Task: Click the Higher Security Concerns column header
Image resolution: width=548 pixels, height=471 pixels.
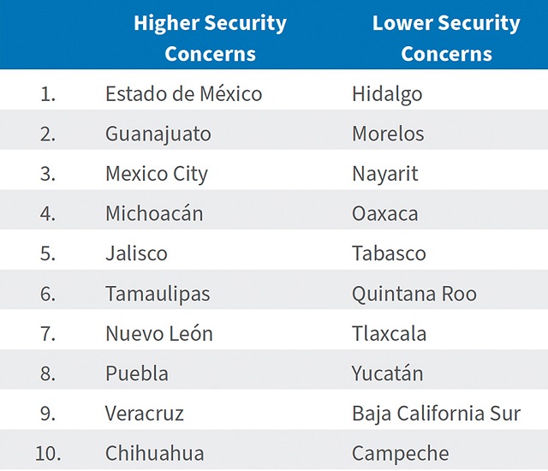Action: tap(210, 38)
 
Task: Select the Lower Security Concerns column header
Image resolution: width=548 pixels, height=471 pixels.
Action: tap(446, 38)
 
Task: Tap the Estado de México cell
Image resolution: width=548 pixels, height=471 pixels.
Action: tap(183, 93)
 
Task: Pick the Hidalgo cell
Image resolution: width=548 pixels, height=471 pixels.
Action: tap(387, 93)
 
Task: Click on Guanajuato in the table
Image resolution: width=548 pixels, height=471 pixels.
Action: tap(158, 134)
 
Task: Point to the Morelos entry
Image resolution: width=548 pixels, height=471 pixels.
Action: tap(388, 134)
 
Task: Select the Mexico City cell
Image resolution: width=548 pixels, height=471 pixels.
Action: tap(157, 174)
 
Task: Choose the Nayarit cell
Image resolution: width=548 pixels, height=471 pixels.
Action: tap(384, 174)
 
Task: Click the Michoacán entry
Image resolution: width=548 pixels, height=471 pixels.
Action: tap(154, 213)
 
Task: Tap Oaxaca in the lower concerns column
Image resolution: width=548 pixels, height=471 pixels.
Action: tap(384, 213)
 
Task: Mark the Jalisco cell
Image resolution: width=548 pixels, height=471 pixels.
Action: tap(136, 253)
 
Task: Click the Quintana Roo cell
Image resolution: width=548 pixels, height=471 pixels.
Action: tap(414, 294)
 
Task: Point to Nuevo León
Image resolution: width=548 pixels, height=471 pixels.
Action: tap(159, 333)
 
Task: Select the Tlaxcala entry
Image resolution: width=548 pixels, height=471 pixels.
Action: tap(389, 333)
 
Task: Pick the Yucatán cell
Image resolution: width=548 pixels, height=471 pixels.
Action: tap(388, 373)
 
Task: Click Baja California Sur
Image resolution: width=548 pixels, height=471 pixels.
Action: tap(436, 414)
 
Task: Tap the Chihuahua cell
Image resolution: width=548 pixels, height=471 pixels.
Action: tap(155, 453)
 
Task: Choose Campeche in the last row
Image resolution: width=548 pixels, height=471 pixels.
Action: tap(400, 453)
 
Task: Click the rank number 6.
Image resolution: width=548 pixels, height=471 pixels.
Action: tap(48, 294)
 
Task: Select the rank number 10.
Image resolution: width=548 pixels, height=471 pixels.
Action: tap(47, 453)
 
